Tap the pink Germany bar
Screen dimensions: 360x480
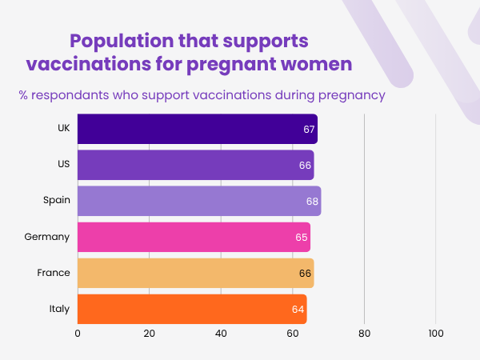(x=192, y=237)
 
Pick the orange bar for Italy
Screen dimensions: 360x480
(x=190, y=309)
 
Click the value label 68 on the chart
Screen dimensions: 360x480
(x=312, y=201)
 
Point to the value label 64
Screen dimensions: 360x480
(x=298, y=309)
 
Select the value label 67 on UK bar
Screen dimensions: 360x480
(x=309, y=129)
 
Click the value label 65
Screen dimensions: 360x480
(x=302, y=237)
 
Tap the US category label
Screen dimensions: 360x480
(x=62, y=165)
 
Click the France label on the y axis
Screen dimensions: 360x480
(x=54, y=273)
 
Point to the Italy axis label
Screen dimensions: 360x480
(x=59, y=309)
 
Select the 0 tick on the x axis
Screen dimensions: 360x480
(x=78, y=333)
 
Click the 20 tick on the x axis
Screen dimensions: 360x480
(x=150, y=333)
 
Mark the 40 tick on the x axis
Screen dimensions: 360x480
(x=221, y=333)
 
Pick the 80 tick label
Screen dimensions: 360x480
(x=364, y=333)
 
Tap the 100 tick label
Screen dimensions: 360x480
(x=436, y=333)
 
